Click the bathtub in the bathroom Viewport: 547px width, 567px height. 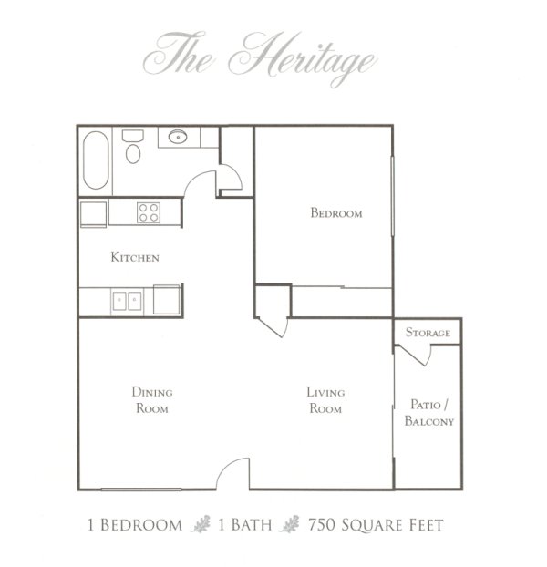click(96, 160)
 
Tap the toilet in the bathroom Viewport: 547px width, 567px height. click(133, 147)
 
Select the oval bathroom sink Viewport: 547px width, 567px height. click(178, 137)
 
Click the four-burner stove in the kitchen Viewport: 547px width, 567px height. click(149, 212)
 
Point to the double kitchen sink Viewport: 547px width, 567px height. click(127, 301)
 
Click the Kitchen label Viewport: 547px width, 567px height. click(135, 257)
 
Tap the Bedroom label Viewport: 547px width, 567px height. click(336, 212)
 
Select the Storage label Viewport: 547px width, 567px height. click(428, 333)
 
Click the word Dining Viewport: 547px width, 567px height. click(152, 392)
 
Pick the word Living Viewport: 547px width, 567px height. click(325, 392)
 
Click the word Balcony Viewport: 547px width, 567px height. click(429, 421)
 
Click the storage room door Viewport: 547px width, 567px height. click(415, 356)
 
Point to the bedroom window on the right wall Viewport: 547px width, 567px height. click(392, 196)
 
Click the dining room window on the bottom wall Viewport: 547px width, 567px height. click(141, 490)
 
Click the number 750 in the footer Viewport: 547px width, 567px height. click(322, 525)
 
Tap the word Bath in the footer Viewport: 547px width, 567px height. click(251, 525)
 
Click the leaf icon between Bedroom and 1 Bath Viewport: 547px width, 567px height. click(201, 524)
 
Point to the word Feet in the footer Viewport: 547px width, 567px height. click(426, 525)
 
